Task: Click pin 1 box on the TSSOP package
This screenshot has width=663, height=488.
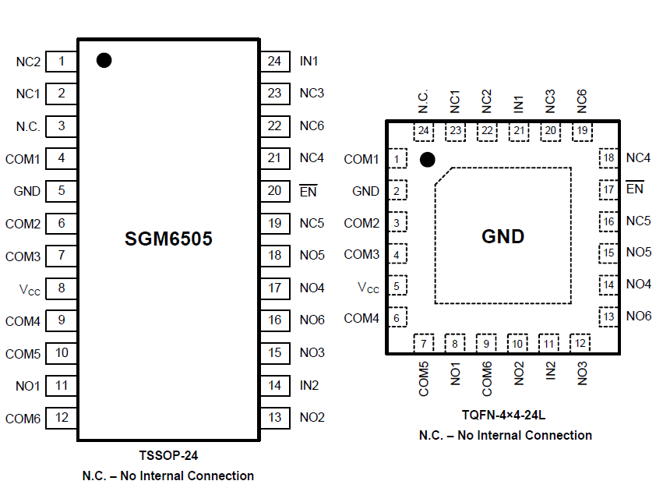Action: [x=62, y=61]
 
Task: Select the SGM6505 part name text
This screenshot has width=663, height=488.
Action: [x=168, y=239]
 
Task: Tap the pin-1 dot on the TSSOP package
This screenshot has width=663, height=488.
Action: [x=104, y=60]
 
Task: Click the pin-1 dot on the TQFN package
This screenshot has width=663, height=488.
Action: [x=427, y=160]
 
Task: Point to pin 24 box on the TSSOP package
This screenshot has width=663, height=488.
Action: [x=273, y=61]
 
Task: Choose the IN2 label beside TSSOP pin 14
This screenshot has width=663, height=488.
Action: [x=309, y=385]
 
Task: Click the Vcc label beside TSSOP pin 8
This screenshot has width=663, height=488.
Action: [x=30, y=288]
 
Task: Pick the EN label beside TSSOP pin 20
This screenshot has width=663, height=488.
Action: [x=309, y=191]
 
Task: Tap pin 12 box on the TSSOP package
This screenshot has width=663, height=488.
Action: [x=62, y=418]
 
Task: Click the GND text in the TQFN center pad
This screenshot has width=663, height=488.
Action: [x=503, y=237]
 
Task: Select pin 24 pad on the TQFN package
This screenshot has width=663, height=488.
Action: [x=424, y=131]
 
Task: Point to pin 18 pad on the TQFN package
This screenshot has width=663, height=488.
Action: [x=609, y=158]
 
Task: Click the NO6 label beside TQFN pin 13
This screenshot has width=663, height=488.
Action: [x=638, y=316]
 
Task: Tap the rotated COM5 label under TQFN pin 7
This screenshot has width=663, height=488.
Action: [x=424, y=379]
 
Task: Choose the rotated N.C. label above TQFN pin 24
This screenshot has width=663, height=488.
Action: [x=423, y=101]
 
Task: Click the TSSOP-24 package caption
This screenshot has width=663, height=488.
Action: [x=168, y=455]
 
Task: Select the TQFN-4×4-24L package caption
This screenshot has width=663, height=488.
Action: [x=504, y=415]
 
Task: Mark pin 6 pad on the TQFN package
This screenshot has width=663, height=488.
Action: [x=397, y=318]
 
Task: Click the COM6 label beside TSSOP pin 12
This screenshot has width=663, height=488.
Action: [x=23, y=419]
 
